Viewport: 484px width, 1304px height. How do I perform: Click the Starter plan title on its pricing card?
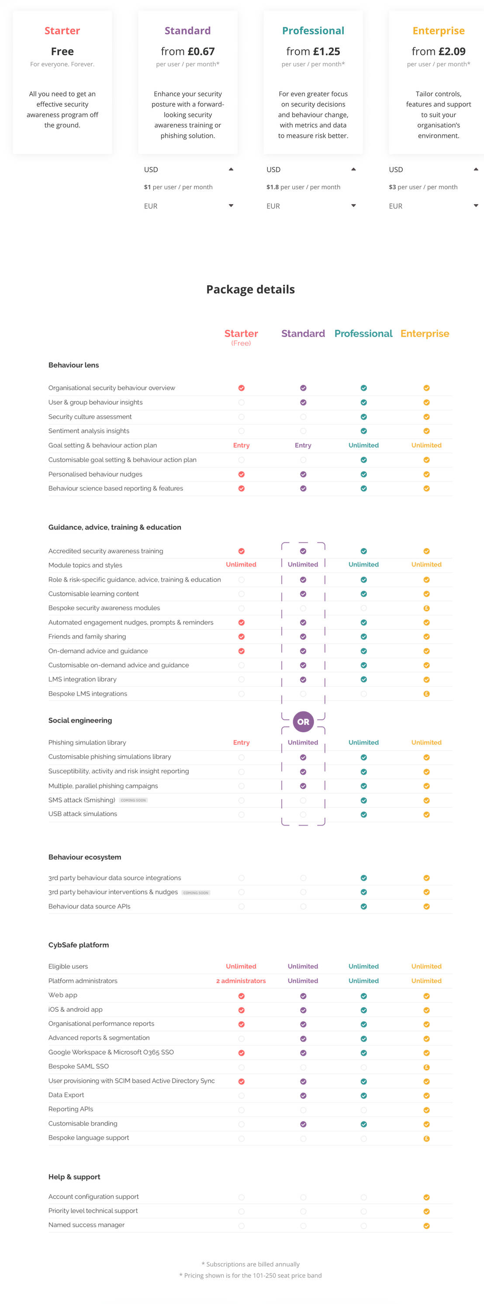click(62, 31)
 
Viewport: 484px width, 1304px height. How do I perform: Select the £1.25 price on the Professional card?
click(326, 51)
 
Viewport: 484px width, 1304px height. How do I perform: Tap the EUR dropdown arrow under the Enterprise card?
click(475, 205)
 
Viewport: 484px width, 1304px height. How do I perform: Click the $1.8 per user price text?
click(272, 187)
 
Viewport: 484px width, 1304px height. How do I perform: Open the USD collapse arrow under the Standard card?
click(231, 169)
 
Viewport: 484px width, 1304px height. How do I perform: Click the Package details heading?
click(250, 289)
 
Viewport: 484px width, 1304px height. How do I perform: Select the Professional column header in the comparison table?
click(363, 333)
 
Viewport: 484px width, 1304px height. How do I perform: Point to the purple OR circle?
click(303, 721)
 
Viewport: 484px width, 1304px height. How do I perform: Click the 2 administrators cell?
click(241, 980)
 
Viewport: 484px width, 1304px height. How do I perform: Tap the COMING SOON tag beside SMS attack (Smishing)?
click(133, 800)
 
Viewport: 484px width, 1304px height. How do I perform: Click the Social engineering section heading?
click(80, 720)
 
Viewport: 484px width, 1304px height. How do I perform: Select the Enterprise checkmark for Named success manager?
click(426, 1225)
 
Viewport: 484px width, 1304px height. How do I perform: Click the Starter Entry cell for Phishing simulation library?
click(241, 742)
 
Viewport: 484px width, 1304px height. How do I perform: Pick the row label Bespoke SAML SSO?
click(79, 1066)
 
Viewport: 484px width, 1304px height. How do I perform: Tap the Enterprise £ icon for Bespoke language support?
click(426, 1138)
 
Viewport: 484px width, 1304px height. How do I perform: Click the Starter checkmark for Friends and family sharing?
click(241, 636)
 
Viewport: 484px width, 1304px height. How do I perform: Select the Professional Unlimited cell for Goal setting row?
click(363, 445)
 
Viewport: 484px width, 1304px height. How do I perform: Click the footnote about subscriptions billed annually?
click(250, 1264)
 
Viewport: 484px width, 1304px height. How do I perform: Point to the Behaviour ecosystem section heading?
click(85, 857)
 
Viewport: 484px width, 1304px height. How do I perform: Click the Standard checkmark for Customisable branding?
click(303, 1124)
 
